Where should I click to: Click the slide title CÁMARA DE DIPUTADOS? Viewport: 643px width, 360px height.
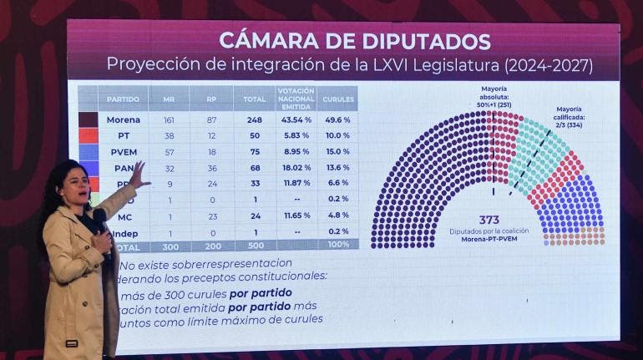355,40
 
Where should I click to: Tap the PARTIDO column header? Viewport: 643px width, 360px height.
124,99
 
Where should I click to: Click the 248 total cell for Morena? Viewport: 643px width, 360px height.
254,119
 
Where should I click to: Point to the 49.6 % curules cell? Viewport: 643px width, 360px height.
337,119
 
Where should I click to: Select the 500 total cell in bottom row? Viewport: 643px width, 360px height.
254,246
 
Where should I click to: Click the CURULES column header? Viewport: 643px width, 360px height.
337,99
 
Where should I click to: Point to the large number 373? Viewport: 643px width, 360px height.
489,220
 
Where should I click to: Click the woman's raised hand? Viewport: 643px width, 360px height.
137,174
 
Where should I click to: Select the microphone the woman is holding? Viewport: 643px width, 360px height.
99,219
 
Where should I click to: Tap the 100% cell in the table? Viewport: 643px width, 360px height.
337,246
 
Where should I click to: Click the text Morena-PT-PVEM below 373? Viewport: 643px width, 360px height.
489,240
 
